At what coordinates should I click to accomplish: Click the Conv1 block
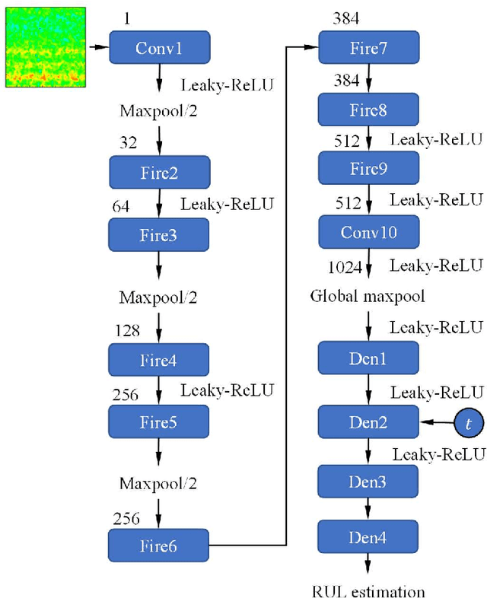coord(159,47)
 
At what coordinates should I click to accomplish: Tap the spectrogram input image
coord(43,47)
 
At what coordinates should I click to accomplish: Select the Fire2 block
coord(159,173)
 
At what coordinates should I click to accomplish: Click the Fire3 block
coord(159,235)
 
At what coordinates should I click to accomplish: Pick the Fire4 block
coord(159,360)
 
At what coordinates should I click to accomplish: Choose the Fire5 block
coord(159,421)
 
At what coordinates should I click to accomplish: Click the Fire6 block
coord(159,545)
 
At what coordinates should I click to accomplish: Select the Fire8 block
coord(368,110)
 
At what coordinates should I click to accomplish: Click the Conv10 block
coord(368,231)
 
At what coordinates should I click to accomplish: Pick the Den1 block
coord(368,358)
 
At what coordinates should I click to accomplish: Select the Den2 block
coord(368,421)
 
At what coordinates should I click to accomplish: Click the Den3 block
coord(368,482)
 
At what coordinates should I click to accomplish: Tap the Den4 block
coord(368,538)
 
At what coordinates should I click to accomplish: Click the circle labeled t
coord(468,421)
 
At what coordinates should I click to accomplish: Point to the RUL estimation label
coord(368,591)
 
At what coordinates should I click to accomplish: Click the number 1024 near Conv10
coord(345,266)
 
